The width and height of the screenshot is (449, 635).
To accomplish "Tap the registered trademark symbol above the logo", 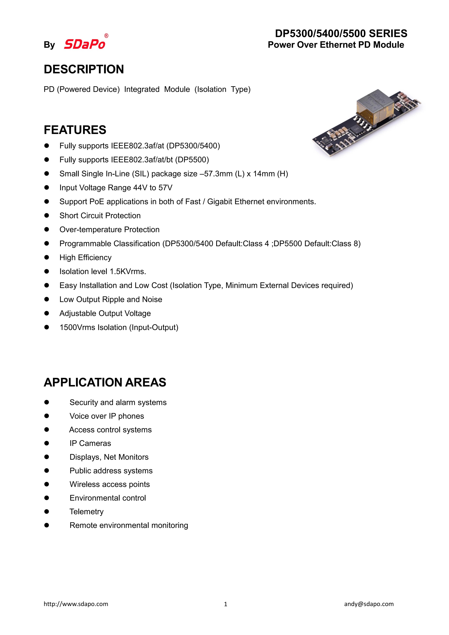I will pyautogui.click(x=106, y=36).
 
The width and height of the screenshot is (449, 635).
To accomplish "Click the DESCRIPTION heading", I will pyautogui.click(x=84, y=69).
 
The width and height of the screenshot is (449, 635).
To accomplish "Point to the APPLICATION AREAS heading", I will pyautogui.click(x=105, y=382).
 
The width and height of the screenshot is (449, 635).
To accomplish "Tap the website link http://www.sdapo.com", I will pyautogui.click(x=76, y=604).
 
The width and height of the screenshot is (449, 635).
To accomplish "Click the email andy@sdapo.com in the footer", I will pyautogui.click(x=369, y=604).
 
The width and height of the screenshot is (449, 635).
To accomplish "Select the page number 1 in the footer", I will pyautogui.click(x=226, y=604).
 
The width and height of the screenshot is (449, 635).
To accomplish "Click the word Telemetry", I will pyautogui.click(x=86, y=512).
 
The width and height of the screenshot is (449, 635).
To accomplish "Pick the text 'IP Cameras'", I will pyautogui.click(x=90, y=443).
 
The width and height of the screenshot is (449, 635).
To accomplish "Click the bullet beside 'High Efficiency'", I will pyautogui.click(x=47, y=258).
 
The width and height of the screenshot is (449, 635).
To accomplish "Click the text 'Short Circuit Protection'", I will pyautogui.click(x=100, y=216).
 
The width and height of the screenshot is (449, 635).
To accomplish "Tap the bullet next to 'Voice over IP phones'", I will pyautogui.click(x=47, y=416).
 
